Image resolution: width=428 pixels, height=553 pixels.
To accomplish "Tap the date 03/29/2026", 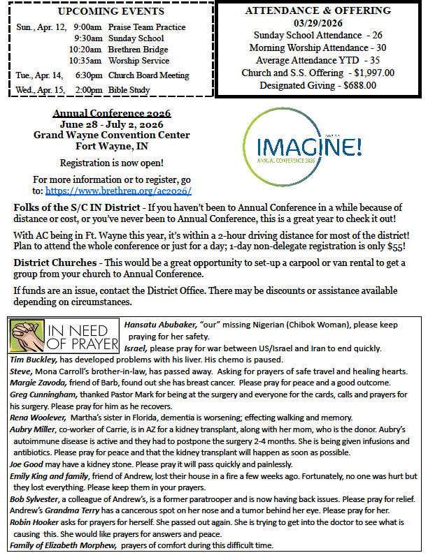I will [318, 23].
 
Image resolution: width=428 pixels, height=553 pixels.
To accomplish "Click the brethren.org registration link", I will [118, 191].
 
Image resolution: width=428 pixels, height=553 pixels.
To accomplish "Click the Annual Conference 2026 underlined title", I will [112, 112].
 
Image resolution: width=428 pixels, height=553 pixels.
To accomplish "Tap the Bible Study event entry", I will [128, 90].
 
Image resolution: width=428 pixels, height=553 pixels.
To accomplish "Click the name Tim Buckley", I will [31, 359].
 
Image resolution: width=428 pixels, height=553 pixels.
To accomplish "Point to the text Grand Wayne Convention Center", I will [112, 135].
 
